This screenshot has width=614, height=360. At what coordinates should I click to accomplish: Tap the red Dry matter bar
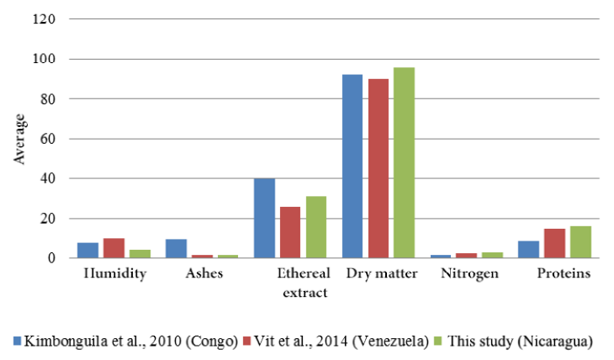pos(378,168)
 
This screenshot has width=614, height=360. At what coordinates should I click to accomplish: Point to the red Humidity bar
pos(114,248)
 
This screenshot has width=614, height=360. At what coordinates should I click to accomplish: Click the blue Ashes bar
pos(176,249)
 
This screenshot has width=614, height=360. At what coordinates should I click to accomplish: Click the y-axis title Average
pos(20,140)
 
